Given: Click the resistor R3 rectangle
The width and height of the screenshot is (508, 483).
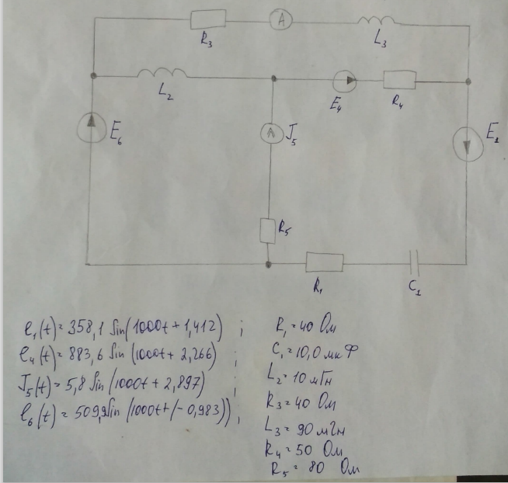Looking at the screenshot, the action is tap(208, 19).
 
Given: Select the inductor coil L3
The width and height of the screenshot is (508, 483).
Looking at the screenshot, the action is tap(377, 23).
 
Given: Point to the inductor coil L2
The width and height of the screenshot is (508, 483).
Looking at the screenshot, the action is tap(162, 74).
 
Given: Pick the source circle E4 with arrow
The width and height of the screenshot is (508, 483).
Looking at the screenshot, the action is tap(346, 80).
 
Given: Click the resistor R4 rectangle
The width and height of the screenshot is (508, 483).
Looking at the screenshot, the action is tap(401, 80).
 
